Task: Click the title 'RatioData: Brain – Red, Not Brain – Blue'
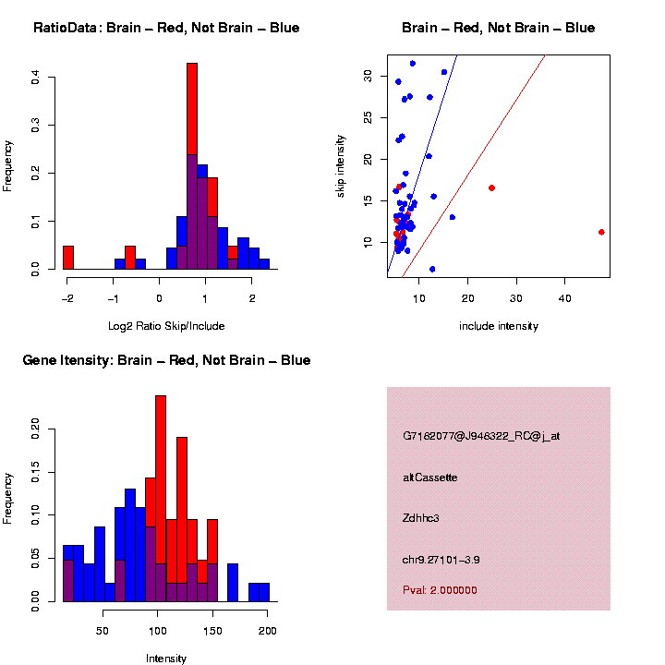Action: coord(166,29)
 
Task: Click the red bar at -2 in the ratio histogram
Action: coord(68,257)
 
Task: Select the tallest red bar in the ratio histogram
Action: coord(192,111)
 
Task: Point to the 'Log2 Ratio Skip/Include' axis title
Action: coord(166,325)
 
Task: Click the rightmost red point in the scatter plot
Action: coord(601,232)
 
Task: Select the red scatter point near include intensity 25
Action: coord(491,187)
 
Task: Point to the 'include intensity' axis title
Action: coord(499,326)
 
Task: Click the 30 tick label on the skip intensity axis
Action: coord(369,76)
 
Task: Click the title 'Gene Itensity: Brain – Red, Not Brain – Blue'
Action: coord(166,360)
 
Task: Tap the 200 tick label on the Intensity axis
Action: coord(268,630)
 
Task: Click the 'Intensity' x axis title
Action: coord(166,659)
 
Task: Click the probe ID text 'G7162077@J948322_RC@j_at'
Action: coord(480,436)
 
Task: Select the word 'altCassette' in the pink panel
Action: coord(429,478)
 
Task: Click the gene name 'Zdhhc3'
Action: coord(421,518)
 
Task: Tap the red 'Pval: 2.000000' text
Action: coord(440,590)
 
